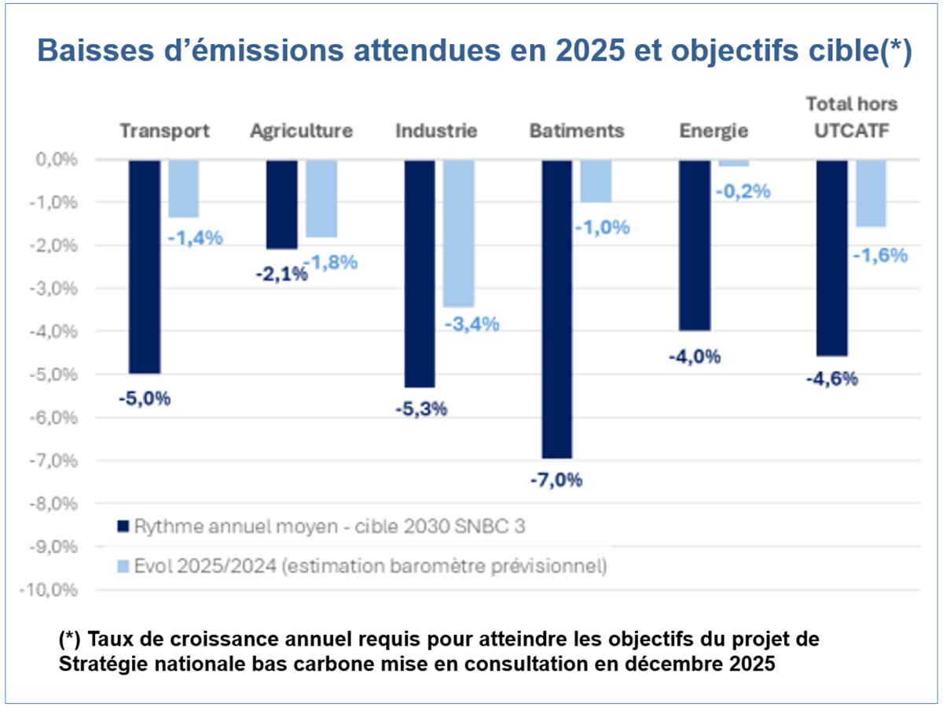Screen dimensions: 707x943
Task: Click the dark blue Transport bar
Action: [x=145, y=266]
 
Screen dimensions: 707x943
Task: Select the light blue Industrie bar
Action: [x=459, y=233]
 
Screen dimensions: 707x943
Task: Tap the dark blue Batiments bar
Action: [x=557, y=309]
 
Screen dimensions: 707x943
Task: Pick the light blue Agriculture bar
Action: [x=321, y=199]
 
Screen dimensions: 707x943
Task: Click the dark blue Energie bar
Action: [x=695, y=245]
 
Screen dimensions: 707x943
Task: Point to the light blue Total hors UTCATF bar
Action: [x=871, y=193]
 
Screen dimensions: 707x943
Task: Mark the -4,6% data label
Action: [x=832, y=379]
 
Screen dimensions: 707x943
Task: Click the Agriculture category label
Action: [x=301, y=130]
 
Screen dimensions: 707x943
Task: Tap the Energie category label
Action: [x=714, y=130]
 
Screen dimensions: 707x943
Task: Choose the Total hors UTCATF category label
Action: [x=851, y=117]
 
